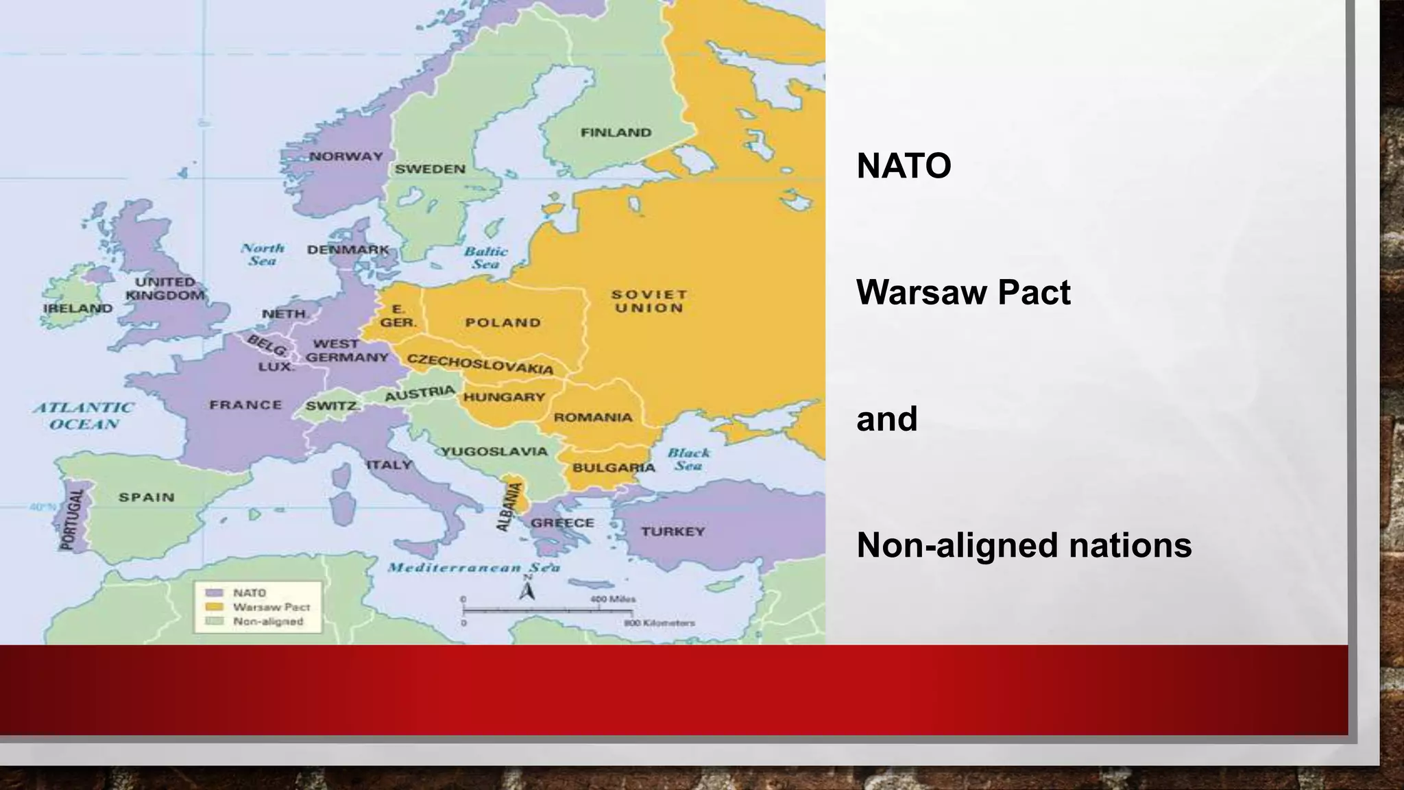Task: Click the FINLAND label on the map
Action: tap(616, 132)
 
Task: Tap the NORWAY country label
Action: tap(346, 156)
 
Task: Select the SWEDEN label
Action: tap(430, 169)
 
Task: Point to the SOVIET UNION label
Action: tap(649, 301)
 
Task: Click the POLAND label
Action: tap(503, 322)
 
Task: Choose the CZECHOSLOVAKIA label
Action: tap(480, 364)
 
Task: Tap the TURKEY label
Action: tap(673, 531)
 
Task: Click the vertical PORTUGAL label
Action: tap(72, 519)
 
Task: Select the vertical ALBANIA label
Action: tap(508, 506)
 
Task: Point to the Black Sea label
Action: tap(688, 459)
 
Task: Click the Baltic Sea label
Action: tap(485, 258)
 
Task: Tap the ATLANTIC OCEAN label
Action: tap(84, 416)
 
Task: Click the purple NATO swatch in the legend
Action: tap(215, 592)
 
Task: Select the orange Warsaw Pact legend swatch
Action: tap(215, 607)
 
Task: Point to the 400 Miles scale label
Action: tap(612, 599)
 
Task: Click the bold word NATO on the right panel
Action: tap(904, 166)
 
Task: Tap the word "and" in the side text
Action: tap(886, 419)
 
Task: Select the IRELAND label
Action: tap(77, 309)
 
